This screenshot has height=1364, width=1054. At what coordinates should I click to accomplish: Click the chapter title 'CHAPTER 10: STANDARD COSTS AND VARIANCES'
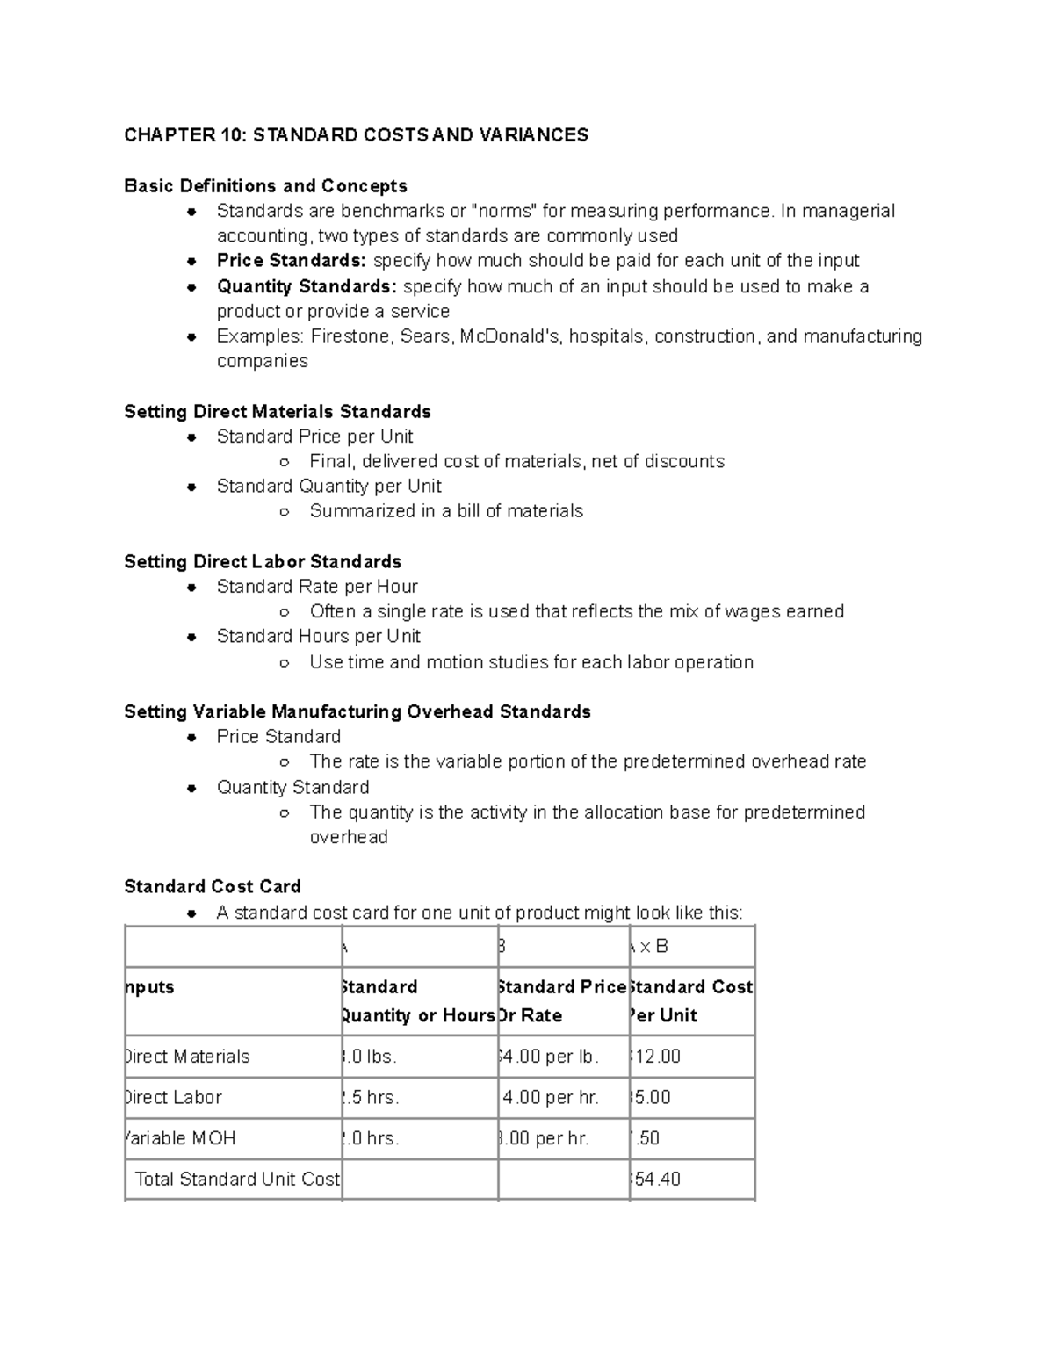click(356, 135)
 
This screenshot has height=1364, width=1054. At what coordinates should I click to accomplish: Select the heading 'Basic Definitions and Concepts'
click(265, 186)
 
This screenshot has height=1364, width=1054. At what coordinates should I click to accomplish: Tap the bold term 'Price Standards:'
click(292, 261)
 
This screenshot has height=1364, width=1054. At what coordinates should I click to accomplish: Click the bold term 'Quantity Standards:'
click(307, 286)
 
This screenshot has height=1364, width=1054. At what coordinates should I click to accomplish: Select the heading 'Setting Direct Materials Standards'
click(277, 412)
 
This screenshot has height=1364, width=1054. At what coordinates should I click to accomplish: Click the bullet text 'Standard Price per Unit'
click(314, 437)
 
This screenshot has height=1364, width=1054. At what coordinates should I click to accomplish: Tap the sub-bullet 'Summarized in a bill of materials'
click(446, 511)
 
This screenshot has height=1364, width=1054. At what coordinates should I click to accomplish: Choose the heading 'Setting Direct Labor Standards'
click(263, 562)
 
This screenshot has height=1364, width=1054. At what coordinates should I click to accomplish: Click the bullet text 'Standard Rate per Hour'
click(317, 587)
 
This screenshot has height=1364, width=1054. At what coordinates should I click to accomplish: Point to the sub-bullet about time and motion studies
click(531, 662)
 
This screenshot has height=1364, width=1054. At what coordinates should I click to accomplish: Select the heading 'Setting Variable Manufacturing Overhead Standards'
click(357, 712)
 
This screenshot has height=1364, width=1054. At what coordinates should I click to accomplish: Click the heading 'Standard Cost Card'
click(213, 887)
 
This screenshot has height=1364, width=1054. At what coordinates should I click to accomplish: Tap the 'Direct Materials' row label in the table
click(188, 1057)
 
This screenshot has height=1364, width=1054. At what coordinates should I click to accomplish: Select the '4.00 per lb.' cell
click(549, 1057)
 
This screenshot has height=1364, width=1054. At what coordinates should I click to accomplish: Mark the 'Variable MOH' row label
click(182, 1138)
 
